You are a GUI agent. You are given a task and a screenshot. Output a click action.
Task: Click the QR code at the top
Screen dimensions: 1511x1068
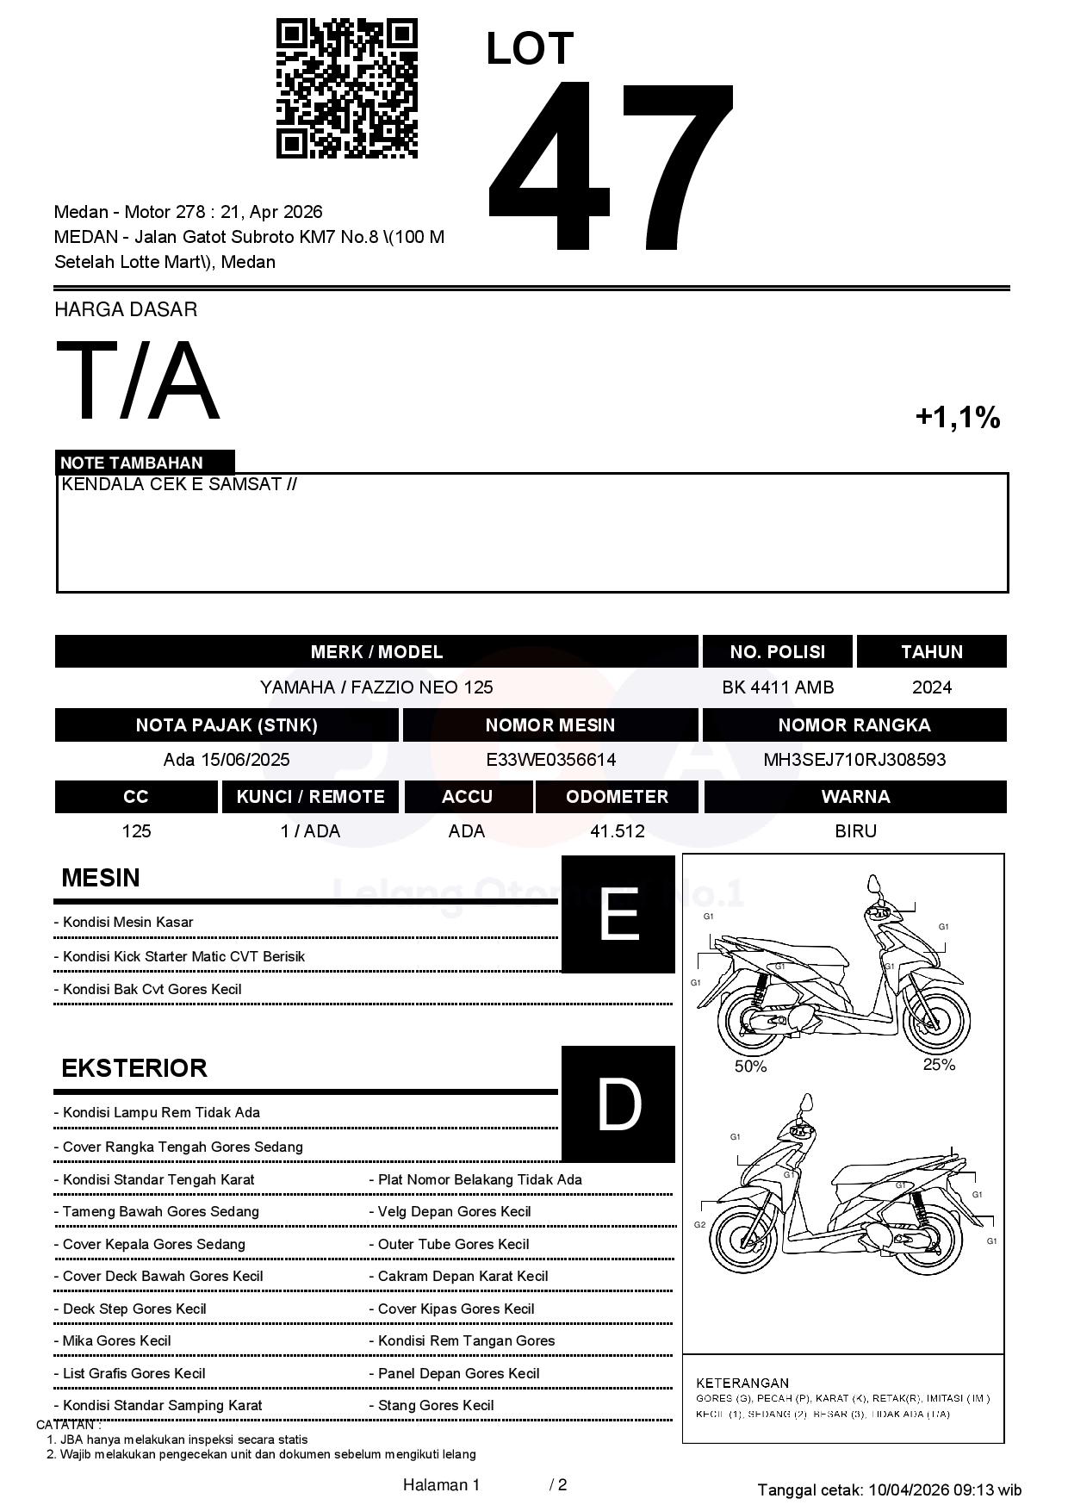pos(346,89)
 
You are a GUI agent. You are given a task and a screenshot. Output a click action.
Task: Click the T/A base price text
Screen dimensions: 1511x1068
pos(137,381)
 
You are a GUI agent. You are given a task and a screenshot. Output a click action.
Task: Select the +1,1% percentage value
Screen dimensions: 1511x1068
pos(957,418)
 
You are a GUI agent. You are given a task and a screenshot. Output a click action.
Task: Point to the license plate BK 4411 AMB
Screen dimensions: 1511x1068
pos(778,687)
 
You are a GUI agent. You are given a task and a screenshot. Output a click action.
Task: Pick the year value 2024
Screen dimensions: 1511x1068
pos(931,687)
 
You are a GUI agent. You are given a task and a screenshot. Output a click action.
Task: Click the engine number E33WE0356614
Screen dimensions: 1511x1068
pos(550,760)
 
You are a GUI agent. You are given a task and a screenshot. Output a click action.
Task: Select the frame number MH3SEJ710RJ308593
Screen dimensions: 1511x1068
pos(854,760)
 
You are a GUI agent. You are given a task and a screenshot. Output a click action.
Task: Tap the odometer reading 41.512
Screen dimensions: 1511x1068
pos(617,831)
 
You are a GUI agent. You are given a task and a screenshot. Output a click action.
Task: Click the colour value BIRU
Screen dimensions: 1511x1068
pos(855,831)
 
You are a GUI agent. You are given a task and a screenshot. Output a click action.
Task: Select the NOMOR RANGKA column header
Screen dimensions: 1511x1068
pos(854,725)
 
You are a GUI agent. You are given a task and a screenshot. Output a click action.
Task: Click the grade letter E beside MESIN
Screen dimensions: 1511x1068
pos(618,914)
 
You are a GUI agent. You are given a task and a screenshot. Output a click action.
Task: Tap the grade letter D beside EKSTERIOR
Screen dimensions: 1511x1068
pos(618,1104)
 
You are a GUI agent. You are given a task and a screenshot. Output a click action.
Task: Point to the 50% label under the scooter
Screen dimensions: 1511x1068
pos(750,1066)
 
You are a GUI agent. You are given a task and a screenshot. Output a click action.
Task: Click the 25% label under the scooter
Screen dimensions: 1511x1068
pos(939,1065)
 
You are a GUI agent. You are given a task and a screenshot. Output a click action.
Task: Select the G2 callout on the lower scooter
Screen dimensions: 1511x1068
pos(699,1225)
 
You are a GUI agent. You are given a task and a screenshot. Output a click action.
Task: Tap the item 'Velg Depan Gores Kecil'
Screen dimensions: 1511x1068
pos(454,1212)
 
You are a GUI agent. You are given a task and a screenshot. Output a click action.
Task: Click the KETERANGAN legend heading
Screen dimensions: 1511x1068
pos(742,1383)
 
